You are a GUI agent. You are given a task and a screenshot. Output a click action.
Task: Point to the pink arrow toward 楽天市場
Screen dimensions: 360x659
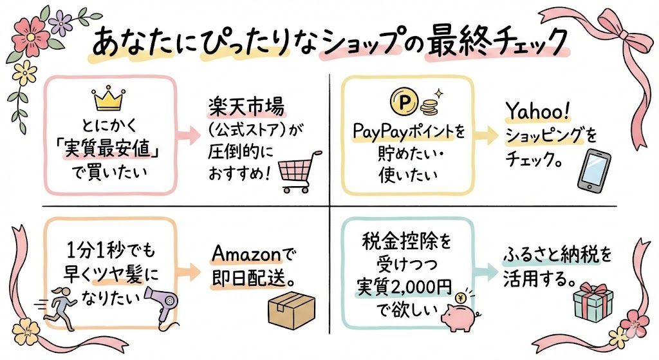pos(189,135)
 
